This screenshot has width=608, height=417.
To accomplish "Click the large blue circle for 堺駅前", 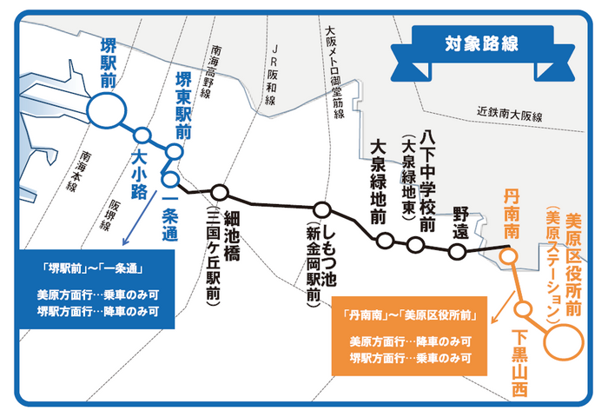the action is click(107, 111).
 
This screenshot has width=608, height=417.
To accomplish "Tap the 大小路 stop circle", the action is click(142, 136).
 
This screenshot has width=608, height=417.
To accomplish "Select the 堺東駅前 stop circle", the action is click(174, 152).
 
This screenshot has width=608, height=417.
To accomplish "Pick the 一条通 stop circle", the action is click(170, 179).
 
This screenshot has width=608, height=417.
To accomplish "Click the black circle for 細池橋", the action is click(220, 192).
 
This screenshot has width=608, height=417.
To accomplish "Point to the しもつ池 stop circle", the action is click(322, 210).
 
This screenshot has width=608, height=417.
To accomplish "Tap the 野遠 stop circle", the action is click(457, 251).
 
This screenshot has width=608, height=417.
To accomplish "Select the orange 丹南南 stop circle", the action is click(508, 256).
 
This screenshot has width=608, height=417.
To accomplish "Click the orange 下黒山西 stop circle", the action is click(524, 309).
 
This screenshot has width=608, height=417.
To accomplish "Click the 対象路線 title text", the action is click(481, 43).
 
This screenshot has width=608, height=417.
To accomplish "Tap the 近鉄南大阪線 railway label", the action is click(509, 114).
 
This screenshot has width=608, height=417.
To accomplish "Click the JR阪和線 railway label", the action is click(272, 75).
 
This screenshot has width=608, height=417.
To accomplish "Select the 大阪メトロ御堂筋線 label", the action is click(334, 72).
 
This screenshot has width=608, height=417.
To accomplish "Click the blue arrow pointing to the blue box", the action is click(140, 217).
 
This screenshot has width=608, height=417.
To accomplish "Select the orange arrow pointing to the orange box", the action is click(503, 308).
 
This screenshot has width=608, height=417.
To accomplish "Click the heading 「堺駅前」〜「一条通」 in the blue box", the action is click(93, 268).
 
